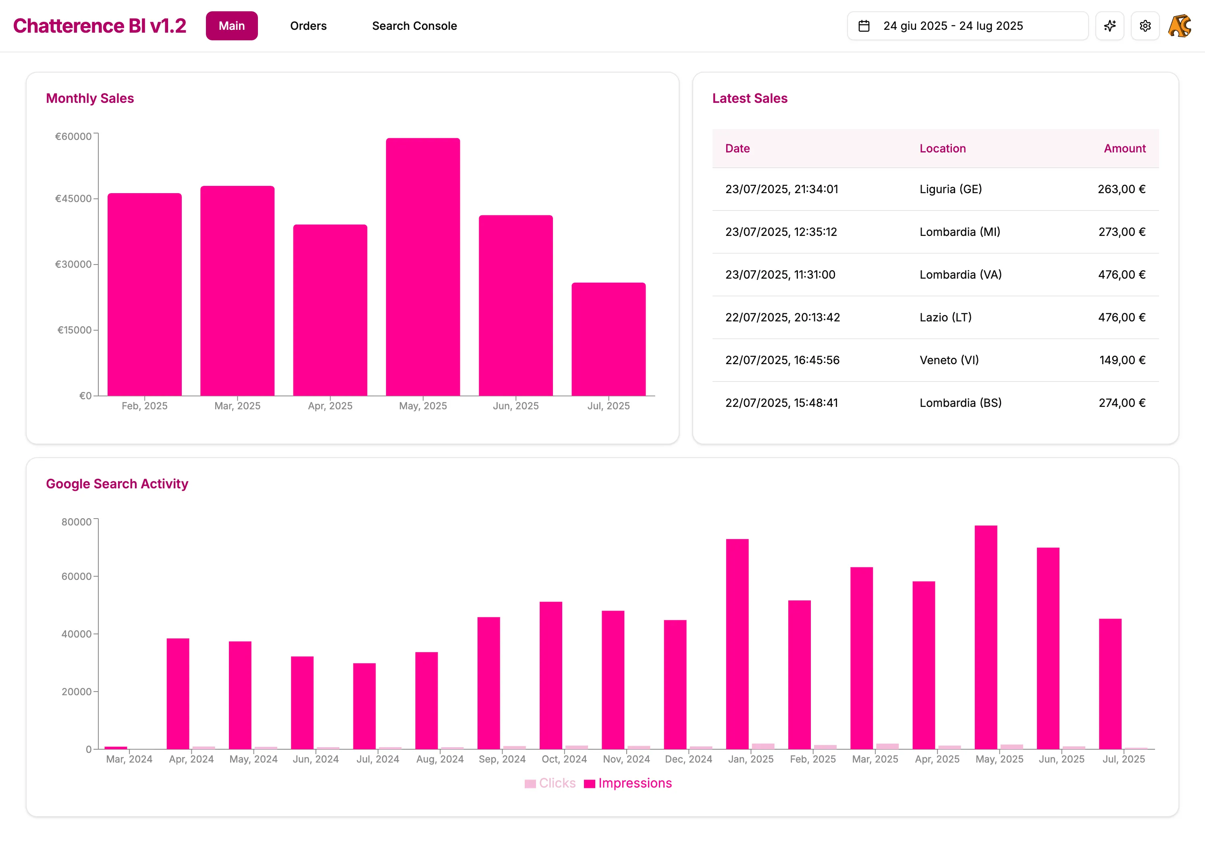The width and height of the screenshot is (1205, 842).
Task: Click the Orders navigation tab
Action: [x=308, y=26]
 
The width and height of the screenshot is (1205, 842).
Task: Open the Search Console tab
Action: [x=414, y=26]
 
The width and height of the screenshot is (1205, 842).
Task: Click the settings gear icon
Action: [x=1145, y=26]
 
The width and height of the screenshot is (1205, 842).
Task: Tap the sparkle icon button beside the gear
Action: [x=1109, y=26]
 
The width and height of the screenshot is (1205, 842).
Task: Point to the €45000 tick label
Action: [x=73, y=198]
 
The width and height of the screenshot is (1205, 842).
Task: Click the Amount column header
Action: [x=1124, y=149]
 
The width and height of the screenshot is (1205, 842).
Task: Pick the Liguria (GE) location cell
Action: [x=950, y=189]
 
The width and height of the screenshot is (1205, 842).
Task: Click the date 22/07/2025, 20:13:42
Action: [x=782, y=317]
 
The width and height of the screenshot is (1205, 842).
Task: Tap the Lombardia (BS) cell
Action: [x=960, y=403]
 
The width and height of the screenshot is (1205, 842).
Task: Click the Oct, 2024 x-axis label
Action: [x=564, y=759]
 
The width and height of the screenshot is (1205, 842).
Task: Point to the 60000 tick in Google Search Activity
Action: [x=76, y=576]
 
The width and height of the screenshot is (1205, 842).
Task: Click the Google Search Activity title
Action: [x=116, y=484]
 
